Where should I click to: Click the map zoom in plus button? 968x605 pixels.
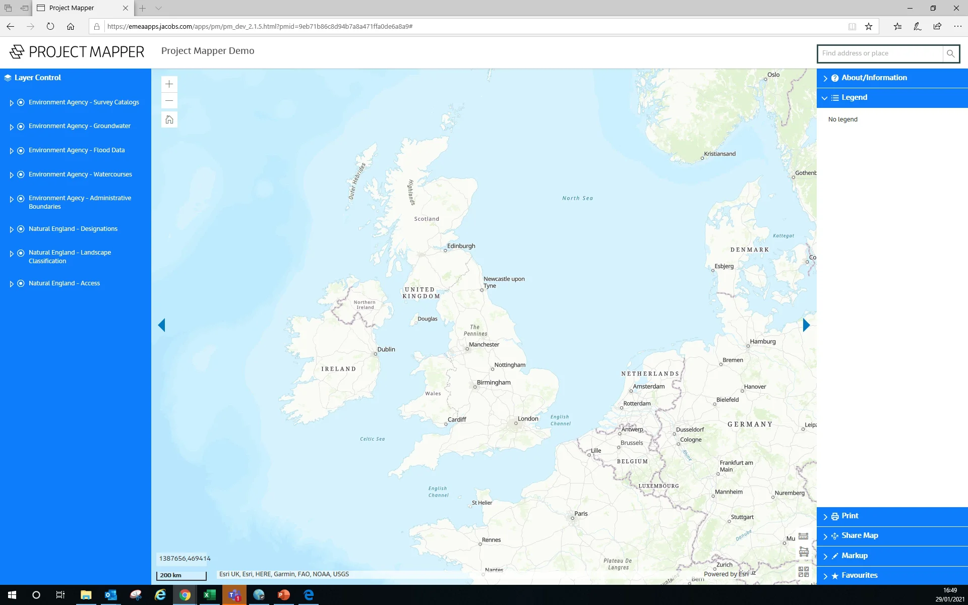[x=169, y=84]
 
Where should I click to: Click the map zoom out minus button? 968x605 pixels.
[x=169, y=101]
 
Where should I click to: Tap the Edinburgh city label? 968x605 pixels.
[x=461, y=246]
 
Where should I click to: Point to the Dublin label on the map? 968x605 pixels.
[x=386, y=349]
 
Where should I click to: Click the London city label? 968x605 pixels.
[x=528, y=418]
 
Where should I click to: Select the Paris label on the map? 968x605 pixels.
[x=581, y=514]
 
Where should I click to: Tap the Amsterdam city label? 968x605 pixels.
[x=648, y=387]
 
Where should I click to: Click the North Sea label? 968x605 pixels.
[x=577, y=198]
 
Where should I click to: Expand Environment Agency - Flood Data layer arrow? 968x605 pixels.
[x=12, y=151]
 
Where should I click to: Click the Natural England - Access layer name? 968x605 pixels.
[x=64, y=283]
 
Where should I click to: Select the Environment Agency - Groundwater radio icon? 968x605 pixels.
[x=21, y=127]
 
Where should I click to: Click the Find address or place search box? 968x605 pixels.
[x=879, y=53]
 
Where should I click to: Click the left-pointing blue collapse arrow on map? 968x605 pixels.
[x=161, y=325]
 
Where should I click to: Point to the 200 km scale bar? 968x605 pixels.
[x=181, y=575]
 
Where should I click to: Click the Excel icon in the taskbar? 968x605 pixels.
[x=209, y=595]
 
